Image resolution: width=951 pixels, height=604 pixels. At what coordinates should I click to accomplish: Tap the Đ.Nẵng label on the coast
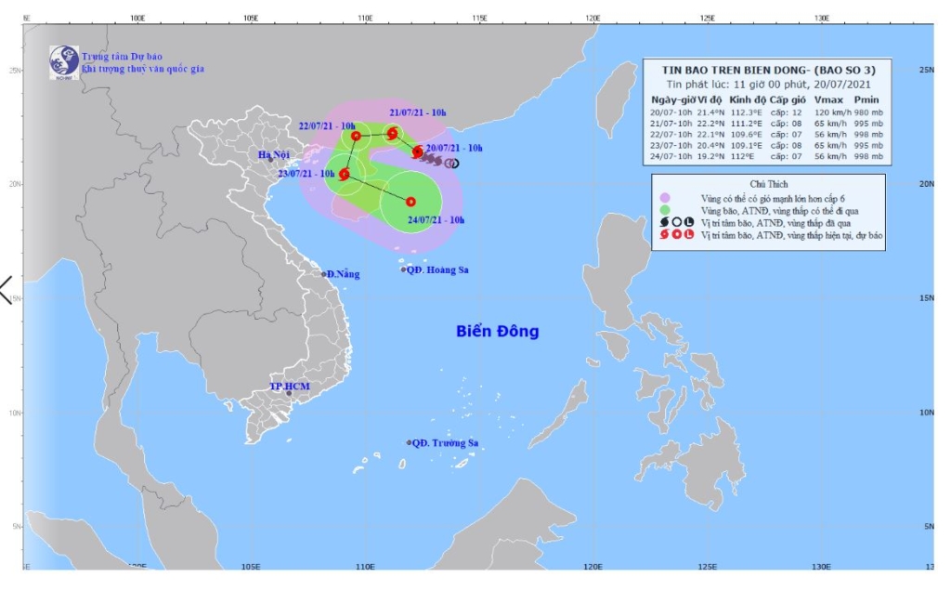click(342, 273)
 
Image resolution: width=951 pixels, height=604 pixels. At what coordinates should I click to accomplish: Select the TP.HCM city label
click(288, 385)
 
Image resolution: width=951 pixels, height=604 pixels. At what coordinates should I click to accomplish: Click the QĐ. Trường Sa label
click(445, 443)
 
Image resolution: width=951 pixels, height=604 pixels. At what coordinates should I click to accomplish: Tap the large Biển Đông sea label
click(497, 332)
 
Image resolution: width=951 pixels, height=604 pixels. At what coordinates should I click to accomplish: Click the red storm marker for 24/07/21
click(410, 202)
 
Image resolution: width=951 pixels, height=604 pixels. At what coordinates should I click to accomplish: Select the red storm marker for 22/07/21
click(356, 136)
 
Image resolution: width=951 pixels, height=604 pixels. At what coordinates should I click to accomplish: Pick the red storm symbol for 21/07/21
click(392, 133)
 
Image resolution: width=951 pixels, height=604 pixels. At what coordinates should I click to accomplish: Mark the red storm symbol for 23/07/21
click(345, 174)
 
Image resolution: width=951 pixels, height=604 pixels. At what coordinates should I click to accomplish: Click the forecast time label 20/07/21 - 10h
click(454, 148)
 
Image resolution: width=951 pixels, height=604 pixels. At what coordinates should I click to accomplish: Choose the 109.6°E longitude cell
click(747, 133)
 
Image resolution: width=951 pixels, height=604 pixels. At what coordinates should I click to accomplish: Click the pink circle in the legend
click(664, 198)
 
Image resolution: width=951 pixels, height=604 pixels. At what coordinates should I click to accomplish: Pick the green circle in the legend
click(664, 210)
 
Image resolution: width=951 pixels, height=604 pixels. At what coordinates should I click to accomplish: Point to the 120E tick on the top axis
click(593, 18)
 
